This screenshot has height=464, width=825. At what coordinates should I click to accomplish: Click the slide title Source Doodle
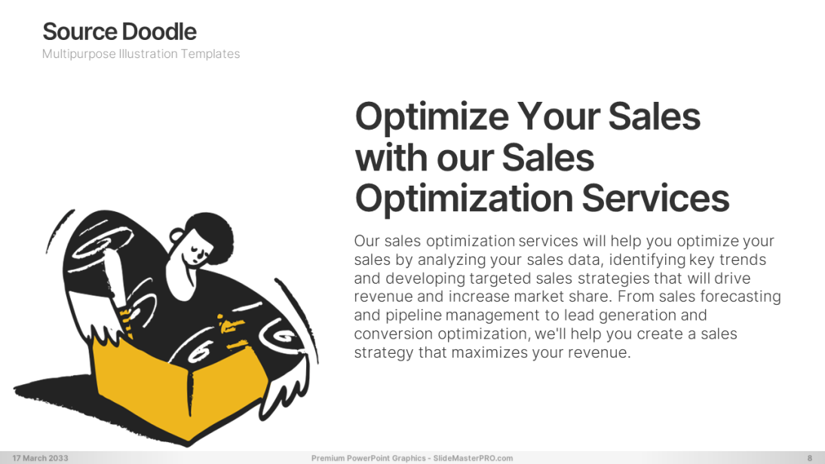[x=119, y=32]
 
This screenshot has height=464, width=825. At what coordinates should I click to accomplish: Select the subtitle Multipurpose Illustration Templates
[x=141, y=54]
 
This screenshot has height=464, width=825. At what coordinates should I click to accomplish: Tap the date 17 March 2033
[x=41, y=458]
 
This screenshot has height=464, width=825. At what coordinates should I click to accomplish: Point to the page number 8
[x=810, y=458]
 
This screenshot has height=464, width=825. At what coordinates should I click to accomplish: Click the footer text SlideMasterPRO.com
[x=473, y=458]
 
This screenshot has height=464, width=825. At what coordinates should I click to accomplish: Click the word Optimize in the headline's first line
[x=432, y=117]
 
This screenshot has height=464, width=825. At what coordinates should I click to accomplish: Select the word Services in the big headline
[x=655, y=198]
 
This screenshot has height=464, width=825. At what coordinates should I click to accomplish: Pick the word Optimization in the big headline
[x=464, y=199]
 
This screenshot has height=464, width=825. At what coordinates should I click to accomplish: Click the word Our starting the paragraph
[x=366, y=241]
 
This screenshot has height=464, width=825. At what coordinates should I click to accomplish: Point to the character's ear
[x=176, y=235]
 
